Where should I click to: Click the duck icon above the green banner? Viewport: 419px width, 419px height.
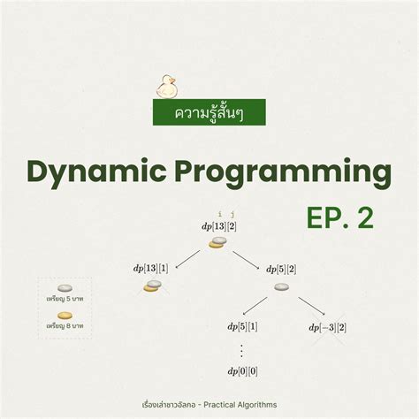(x=166, y=86)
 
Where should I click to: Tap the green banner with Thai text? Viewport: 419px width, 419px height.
(x=209, y=111)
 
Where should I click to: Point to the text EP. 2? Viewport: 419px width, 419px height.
(x=340, y=218)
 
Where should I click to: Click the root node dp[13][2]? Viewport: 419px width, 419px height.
(x=219, y=226)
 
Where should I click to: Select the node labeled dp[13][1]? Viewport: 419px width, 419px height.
(x=150, y=269)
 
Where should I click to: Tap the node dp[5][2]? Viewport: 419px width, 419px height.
(x=281, y=269)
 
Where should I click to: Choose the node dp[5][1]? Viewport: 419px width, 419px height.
(x=242, y=327)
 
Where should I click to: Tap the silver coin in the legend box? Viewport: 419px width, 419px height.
(x=65, y=288)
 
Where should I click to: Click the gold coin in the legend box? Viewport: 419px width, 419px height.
(x=65, y=315)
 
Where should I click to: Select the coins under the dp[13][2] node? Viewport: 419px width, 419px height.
(x=217, y=241)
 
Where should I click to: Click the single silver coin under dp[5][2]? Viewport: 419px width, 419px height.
(x=281, y=286)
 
